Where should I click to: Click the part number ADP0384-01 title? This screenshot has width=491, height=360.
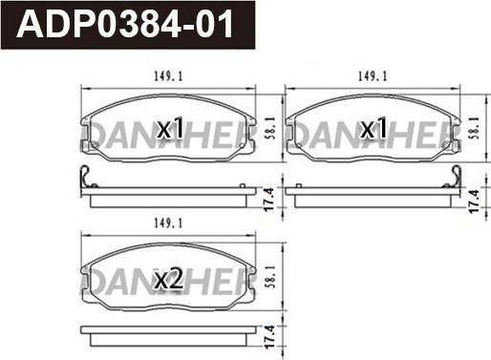click(125, 25)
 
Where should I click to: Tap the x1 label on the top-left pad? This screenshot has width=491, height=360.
click(170, 128)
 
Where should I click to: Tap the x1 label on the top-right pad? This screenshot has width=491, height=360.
click(374, 128)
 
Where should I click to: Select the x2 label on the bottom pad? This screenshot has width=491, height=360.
click(168, 278)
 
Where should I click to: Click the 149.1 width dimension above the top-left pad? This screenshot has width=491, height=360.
click(168, 76)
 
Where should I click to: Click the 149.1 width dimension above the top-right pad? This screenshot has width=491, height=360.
click(373, 76)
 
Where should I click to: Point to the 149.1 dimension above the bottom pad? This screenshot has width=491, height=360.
click(168, 223)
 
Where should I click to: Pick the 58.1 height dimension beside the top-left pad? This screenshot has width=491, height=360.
click(270, 129)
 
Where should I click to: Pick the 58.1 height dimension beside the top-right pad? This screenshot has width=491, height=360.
click(474, 128)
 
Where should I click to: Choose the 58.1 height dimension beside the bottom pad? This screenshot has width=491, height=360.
click(270, 277)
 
